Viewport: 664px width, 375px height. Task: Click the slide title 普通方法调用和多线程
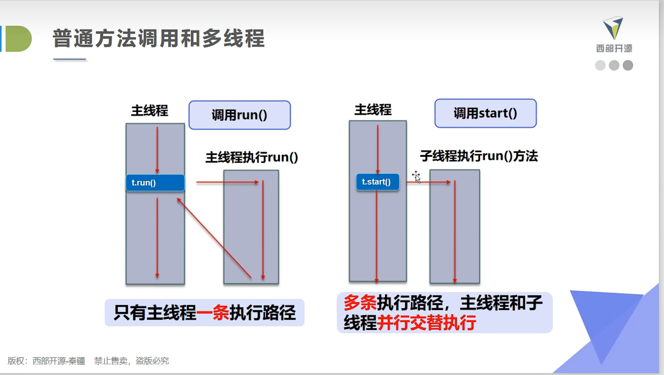point(158,38)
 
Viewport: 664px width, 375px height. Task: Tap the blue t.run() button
point(155,183)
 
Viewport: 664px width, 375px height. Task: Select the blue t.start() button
point(378,182)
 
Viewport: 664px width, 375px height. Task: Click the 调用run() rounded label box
point(240,115)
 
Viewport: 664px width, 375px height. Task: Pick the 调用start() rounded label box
point(485,113)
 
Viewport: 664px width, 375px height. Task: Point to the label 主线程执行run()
point(252,157)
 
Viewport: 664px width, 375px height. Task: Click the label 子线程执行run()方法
point(479,156)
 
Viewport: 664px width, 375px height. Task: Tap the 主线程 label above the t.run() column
point(149,111)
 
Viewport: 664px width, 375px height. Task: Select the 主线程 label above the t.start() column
point(373,110)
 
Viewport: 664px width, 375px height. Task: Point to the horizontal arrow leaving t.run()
point(228,182)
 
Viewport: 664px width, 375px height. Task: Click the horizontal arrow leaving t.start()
point(429,182)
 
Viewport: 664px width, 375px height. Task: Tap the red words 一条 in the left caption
point(213,312)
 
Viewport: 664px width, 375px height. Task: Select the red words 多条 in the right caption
point(360,302)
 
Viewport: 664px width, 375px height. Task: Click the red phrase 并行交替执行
point(426,323)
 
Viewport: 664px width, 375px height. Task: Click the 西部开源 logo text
point(614,48)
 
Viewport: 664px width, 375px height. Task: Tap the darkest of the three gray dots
point(628,65)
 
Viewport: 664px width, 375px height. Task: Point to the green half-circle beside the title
point(18,39)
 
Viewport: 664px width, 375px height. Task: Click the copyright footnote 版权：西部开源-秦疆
point(46,361)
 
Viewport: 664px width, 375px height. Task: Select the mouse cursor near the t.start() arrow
point(416,176)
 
